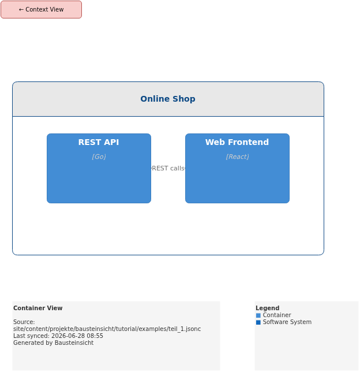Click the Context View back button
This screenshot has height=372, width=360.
[x=41, y=9]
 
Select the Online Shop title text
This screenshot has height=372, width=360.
[x=168, y=99]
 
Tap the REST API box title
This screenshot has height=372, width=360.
[x=99, y=142]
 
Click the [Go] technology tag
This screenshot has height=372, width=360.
[x=99, y=157]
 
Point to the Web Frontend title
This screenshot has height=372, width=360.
[x=237, y=142]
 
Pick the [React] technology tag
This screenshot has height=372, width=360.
[x=237, y=157]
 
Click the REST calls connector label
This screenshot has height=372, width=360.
[x=168, y=168]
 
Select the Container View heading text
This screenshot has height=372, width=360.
[x=38, y=308]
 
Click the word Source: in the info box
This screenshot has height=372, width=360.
[x=24, y=322]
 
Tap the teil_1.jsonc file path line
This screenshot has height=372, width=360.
[x=107, y=329]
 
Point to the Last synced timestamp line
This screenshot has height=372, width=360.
[x=58, y=336]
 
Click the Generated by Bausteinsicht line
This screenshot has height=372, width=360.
[x=53, y=343]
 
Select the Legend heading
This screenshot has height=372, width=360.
[x=268, y=308]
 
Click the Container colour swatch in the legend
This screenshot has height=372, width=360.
[x=258, y=315]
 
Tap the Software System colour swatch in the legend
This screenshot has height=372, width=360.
[x=258, y=322]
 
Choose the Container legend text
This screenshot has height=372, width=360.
[x=277, y=315]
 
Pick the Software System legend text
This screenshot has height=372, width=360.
[x=287, y=322]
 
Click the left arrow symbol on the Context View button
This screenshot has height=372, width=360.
[x=21, y=9]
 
